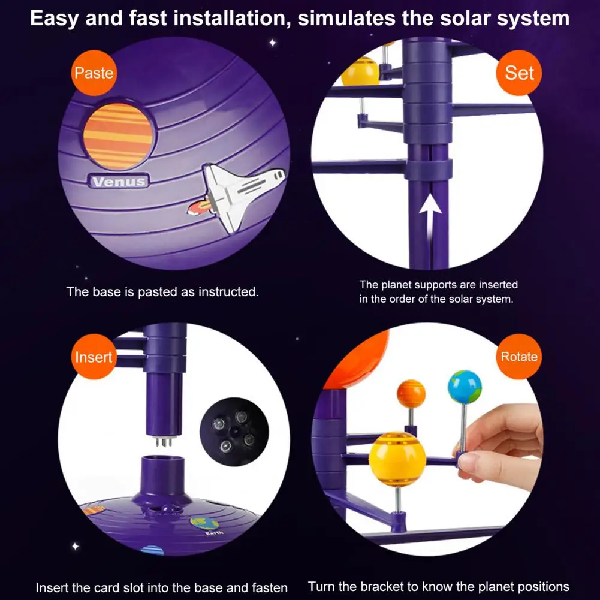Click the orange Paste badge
tap(94, 73)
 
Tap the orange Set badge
tap(519, 73)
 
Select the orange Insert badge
tap(94, 357)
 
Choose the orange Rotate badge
tap(519, 357)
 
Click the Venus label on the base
tap(119, 181)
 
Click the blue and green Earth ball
tap(465, 387)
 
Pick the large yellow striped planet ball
tap(396, 459)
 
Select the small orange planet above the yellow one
tap(411, 394)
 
